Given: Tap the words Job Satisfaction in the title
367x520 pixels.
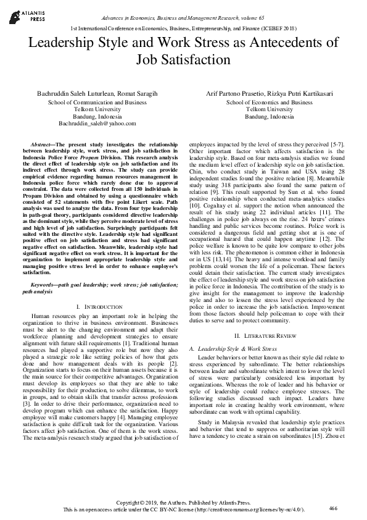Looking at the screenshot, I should pyautogui.click(x=183, y=60).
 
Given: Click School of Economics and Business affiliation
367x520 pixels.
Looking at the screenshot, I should pyautogui.click(x=270, y=102).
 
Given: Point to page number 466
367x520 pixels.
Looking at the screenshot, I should pyautogui.click(x=334, y=508).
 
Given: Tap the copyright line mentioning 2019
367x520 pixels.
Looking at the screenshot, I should pyautogui.click(x=183, y=502).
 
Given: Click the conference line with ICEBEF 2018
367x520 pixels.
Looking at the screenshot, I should pyautogui.click(x=183, y=28).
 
